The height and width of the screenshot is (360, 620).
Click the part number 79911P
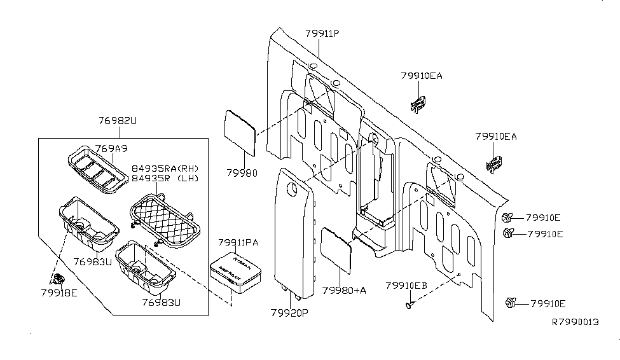[322, 34]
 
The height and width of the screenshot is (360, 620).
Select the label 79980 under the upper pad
[242, 172]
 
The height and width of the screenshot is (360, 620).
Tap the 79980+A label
[344, 290]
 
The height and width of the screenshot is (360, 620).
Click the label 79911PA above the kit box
[238, 242]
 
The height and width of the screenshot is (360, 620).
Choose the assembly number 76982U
[118, 120]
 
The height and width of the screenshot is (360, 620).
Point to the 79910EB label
[406, 286]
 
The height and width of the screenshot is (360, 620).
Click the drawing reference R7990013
[575, 322]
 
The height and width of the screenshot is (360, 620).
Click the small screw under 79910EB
[408, 306]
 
